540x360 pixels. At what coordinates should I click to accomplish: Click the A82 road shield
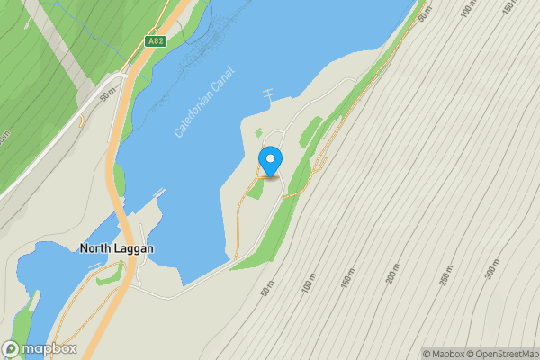[x=155, y=42]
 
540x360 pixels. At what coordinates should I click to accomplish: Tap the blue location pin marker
[x=270, y=161]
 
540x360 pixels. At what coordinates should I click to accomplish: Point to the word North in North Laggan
[x=97, y=248]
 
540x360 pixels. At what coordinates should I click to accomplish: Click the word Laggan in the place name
[x=134, y=248]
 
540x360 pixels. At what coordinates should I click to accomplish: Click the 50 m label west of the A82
[x=108, y=93]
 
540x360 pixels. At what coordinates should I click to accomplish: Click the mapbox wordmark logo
[x=49, y=348]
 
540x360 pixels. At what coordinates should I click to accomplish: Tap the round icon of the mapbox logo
[x=11, y=348]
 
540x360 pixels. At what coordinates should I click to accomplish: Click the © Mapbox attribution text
[x=443, y=354]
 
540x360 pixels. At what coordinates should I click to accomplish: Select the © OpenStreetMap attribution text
[x=502, y=354]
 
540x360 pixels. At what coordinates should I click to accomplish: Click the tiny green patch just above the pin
[x=259, y=133]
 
